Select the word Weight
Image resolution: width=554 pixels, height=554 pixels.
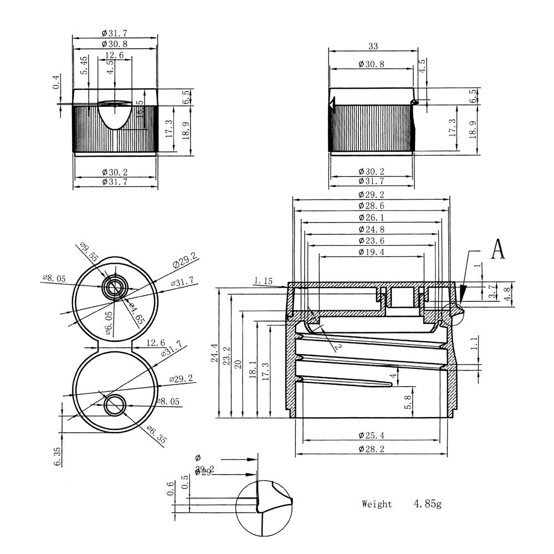[377, 504]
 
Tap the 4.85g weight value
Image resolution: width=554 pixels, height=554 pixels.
[427, 504]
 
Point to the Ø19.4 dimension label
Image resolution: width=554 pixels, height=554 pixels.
[371, 252]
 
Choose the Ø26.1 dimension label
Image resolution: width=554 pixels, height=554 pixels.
[371, 217]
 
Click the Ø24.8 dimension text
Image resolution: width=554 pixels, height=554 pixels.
[371, 228]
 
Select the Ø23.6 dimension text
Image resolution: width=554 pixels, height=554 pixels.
[371, 240]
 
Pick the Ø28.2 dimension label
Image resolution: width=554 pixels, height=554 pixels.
[371, 449]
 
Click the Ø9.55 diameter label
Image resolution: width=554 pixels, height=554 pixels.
[88, 254]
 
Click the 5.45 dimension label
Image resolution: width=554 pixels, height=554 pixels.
[84, 65]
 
